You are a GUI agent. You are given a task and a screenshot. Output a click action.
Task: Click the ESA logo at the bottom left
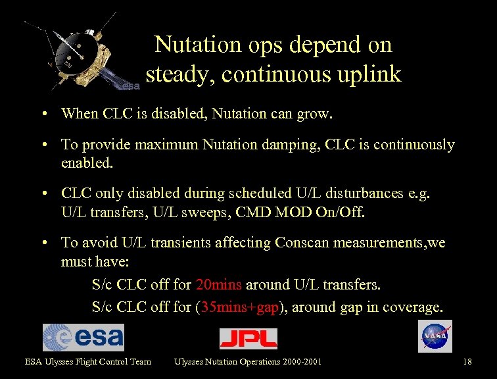[83, 337]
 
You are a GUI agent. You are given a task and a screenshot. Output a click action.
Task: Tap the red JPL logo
[248, 338]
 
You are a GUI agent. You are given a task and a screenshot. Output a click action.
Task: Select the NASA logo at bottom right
[435, 336]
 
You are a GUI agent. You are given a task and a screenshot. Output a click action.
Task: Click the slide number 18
[467, 361]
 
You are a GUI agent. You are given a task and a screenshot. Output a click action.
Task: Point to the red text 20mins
[219, 285]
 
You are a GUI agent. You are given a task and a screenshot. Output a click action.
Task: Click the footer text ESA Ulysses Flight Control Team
[88, 361]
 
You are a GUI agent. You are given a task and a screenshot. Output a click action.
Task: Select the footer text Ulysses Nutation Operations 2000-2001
[248, 361]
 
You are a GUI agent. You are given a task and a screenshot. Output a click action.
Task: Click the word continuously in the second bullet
[414, 144]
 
